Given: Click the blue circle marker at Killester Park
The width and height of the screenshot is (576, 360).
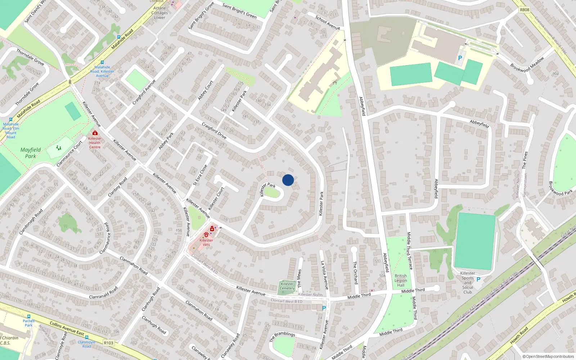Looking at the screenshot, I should point(288,180).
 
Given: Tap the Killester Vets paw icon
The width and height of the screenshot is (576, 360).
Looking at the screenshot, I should point(206,235).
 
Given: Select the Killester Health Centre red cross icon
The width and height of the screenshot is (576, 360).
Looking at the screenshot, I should point(95,133).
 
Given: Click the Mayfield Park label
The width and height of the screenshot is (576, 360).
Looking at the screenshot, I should point(31,153).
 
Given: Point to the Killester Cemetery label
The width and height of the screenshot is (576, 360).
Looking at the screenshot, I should point(287,286).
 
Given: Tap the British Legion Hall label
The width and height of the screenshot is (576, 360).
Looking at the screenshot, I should point(401,280).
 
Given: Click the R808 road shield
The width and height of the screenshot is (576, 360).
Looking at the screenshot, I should point(525,10).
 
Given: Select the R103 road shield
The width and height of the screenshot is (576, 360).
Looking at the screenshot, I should point(108,343).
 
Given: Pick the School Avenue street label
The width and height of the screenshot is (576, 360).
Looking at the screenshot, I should point(328,22).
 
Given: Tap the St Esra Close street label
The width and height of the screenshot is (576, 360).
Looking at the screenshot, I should point(200,175).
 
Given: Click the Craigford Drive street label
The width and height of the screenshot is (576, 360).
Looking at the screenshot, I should point(214,131).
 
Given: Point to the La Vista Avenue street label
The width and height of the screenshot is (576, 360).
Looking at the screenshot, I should point(324,275).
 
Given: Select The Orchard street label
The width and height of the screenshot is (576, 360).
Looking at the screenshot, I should point(355,273).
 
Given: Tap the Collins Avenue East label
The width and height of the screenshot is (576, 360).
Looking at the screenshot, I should point(67,328).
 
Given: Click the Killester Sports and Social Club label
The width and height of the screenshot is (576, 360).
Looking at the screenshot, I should point(468,283).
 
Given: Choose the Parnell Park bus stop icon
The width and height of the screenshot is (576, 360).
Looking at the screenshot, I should point(29,316).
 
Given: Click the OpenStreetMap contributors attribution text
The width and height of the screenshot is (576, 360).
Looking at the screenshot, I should point(548,357).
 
